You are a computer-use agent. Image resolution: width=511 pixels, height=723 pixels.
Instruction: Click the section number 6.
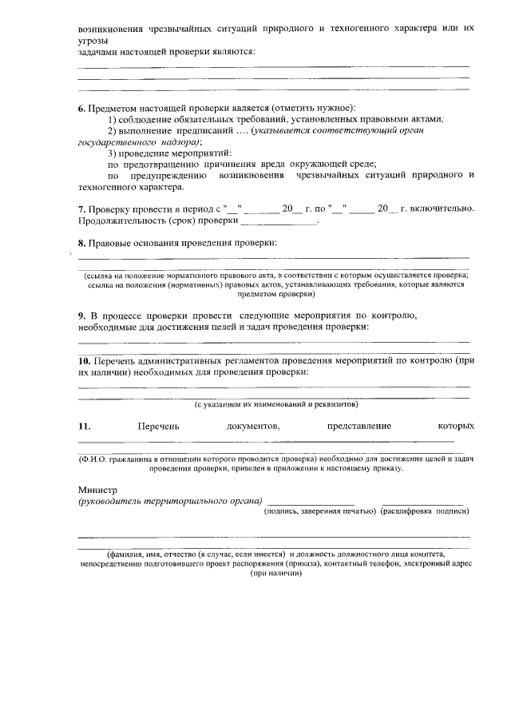[81, 108]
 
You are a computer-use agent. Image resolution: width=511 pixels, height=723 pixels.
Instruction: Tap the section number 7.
[81, 209]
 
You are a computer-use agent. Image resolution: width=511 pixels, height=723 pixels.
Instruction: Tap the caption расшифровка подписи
[424, 510]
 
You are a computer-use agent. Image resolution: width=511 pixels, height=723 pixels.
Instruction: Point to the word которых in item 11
[456, 426]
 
